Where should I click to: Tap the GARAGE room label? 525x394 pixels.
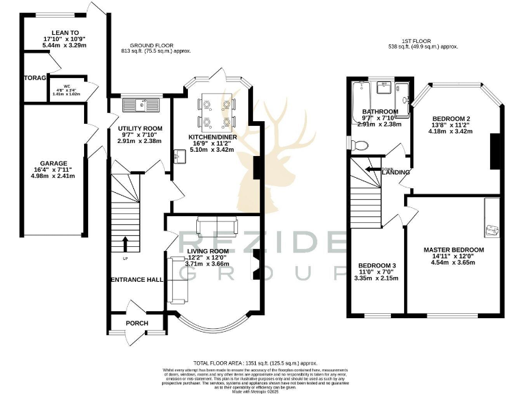pos(53,163)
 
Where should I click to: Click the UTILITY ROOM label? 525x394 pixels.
pos(139,129)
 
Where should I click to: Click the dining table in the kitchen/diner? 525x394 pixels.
pos(216,112)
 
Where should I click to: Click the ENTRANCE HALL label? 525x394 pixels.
pos(137,280)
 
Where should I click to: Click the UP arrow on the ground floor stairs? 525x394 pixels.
pos(126,242)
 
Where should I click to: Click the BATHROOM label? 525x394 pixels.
pos(380,111)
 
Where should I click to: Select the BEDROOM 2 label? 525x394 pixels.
pos(450,118)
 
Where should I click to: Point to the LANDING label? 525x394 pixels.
pos(396,172)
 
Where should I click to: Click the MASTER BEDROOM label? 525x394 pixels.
pos(453,250)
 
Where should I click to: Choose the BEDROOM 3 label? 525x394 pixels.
pos(377,265)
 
